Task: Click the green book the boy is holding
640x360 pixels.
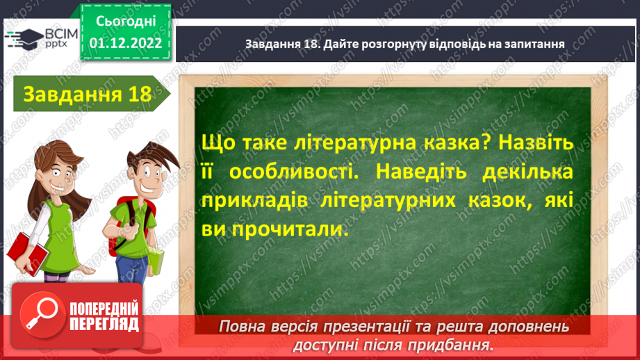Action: (x=156, y=261)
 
